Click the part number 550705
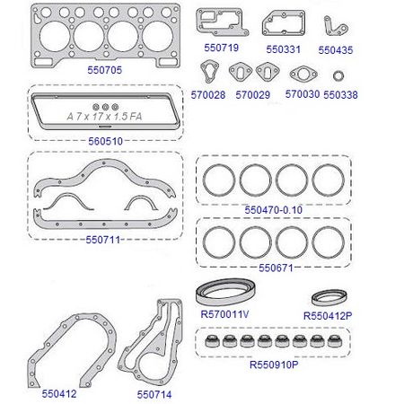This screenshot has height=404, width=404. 105,70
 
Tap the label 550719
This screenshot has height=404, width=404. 221,48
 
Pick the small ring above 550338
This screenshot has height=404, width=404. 338,72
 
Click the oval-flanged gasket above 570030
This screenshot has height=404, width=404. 294,74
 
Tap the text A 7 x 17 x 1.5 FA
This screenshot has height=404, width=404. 104,117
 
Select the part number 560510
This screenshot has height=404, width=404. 105,141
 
